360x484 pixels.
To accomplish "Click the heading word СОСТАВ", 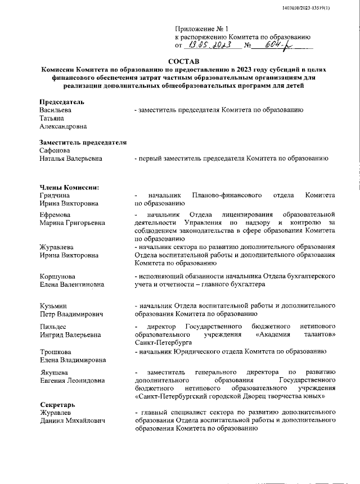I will point(184,61).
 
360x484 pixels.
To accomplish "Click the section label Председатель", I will point(62,102).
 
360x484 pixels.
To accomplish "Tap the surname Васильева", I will point(56,110).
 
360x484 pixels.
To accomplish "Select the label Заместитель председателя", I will point(83,143).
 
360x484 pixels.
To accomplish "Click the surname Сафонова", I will point(55,151).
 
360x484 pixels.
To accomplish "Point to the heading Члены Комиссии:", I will point(69,187).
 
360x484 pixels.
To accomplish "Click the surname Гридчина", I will point(55,195).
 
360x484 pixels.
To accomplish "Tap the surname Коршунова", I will point(57,277).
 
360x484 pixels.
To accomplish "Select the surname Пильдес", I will point(53,327).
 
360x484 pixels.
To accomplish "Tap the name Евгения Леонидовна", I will point(72,381).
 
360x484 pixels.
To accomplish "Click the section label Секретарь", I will point(57,405).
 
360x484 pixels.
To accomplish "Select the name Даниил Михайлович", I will point(73,421).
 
